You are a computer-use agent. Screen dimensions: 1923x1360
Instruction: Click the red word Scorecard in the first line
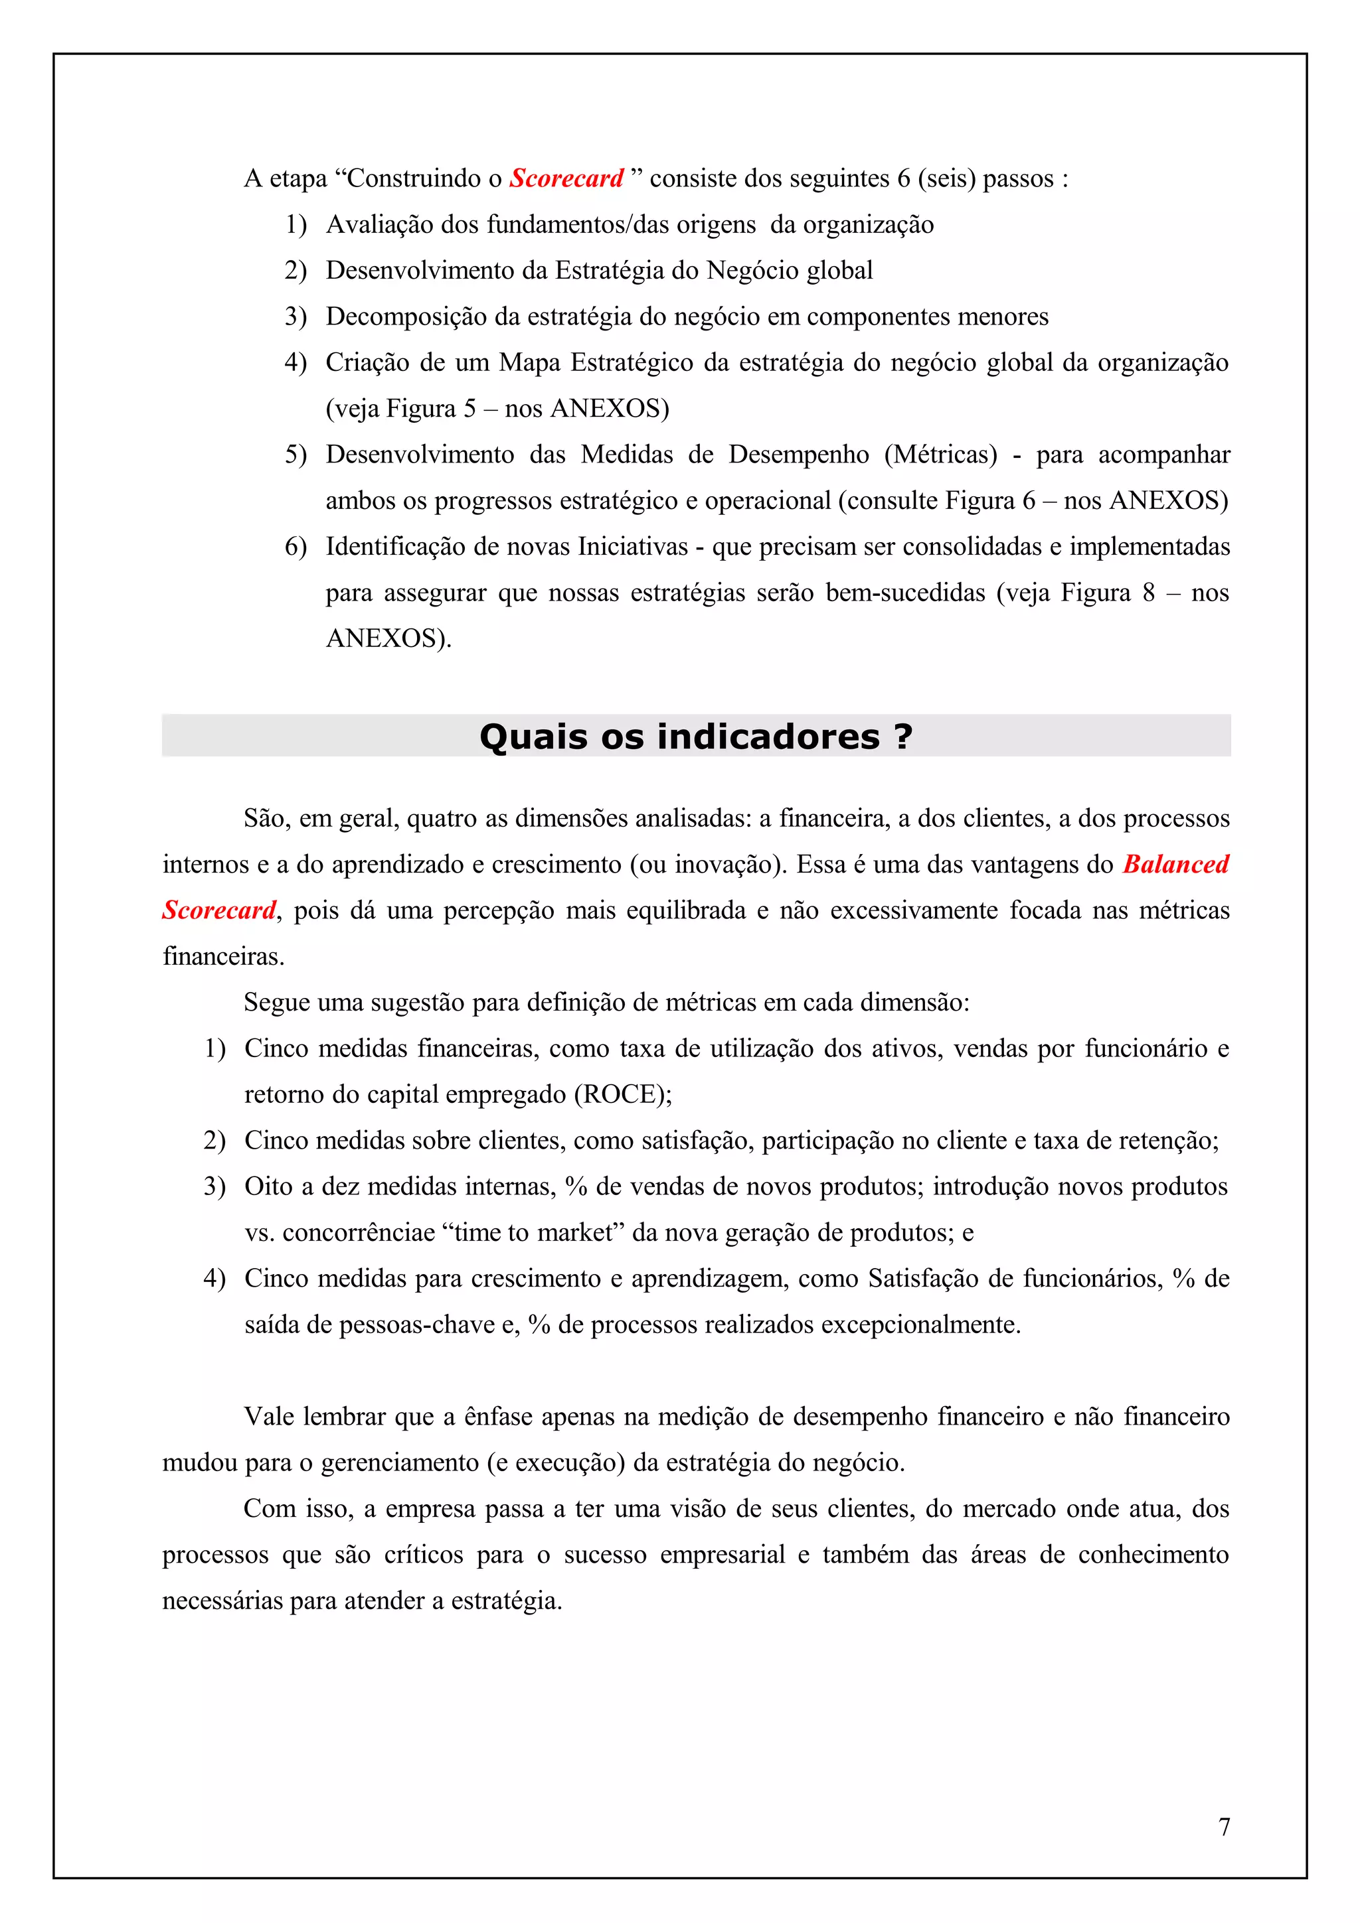[566, 178]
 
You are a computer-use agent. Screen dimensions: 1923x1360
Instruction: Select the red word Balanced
[1175, 865]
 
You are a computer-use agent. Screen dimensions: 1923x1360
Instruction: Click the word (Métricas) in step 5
[940, 455]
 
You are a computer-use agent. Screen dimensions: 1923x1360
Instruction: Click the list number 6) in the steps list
[296, 547]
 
